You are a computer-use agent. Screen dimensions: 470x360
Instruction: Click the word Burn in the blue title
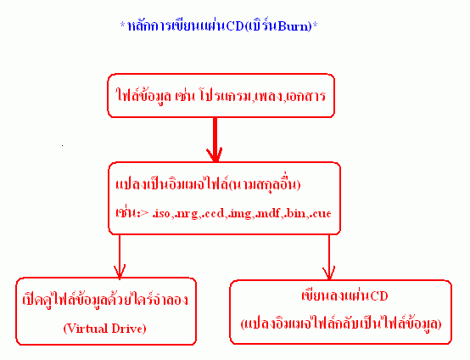(x=295, y=26)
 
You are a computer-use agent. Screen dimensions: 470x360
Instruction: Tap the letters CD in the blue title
(x=235, y=26)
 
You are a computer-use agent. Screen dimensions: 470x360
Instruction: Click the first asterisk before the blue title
(x=123, y=24)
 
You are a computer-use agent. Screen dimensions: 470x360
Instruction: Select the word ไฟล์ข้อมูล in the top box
(x=143, y=96)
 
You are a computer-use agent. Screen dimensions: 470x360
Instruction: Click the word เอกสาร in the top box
(x=305, y=96)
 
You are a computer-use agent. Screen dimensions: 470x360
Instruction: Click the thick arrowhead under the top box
(x=215, y=155)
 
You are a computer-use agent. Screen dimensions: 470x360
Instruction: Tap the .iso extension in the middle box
(x=162, y=213)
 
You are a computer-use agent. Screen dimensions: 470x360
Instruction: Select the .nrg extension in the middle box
(x=186, y=214)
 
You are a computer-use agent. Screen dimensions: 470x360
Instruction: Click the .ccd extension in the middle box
(x=213, y=213)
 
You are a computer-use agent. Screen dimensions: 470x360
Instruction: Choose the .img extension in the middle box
(x=239, y=214)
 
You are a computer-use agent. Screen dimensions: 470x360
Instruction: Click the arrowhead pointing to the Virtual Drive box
(x=120, y=272)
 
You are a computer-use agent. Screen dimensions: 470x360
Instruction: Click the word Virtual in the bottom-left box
(x=87, y=329)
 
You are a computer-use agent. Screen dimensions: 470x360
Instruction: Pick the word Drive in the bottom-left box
(x=129, y=329)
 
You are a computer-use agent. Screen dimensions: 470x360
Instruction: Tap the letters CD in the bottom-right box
(x=379, y=295)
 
